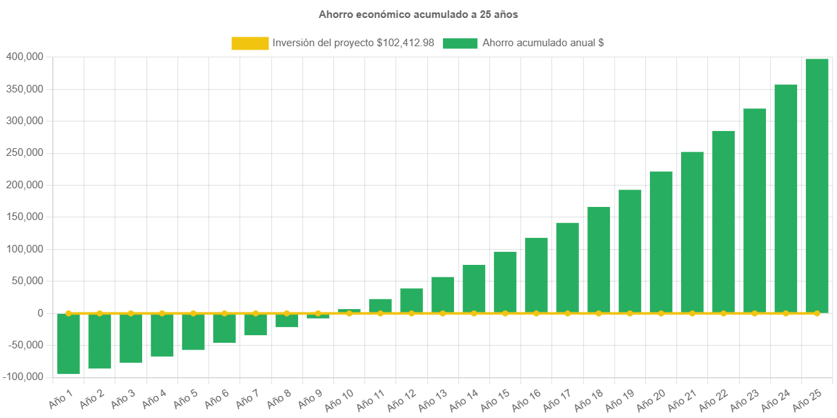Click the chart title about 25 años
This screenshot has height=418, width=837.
pyautogui.click(x=418, y=14)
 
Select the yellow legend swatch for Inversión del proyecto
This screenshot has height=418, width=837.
pyautogui.click(x=250, y=43)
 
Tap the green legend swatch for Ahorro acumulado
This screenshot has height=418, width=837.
pyautogui.click(x=460, y=43)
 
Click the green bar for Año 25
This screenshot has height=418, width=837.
pyautogui.click(x=817, y=186)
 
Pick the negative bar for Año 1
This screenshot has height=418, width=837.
pyautogui.click(x=68, y=344)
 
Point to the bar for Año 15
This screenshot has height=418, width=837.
pyautogui.click(x=505, y=283)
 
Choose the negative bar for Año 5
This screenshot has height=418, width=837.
pyautogui.click(x=193, y=332)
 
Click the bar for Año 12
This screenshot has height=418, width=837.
pyautogui.click(x=411, y=301)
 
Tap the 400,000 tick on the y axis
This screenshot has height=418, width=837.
pyautogui.click(x=25, y=57)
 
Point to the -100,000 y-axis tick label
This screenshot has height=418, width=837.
pyautogui.click(x=23, y=377)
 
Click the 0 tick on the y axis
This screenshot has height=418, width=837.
pyautogui.click(x=41, y=313)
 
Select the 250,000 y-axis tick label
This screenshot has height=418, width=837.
pyautogui.click(x=25, y=152)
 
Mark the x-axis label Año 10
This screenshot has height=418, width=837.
pyautogui.click(x=339, y=401)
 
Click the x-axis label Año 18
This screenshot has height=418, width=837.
pyautogui.click(x=589, y=401)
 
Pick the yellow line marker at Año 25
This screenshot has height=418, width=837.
pyautogui.click(x=817, y=313)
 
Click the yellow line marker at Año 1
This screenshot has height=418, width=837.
pyautogui.click(x=68, y=313)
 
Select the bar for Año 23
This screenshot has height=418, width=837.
pyautogui.click(x=754, y=210)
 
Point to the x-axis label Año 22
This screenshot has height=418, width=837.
pyautogui.click(x=713, y=401)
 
